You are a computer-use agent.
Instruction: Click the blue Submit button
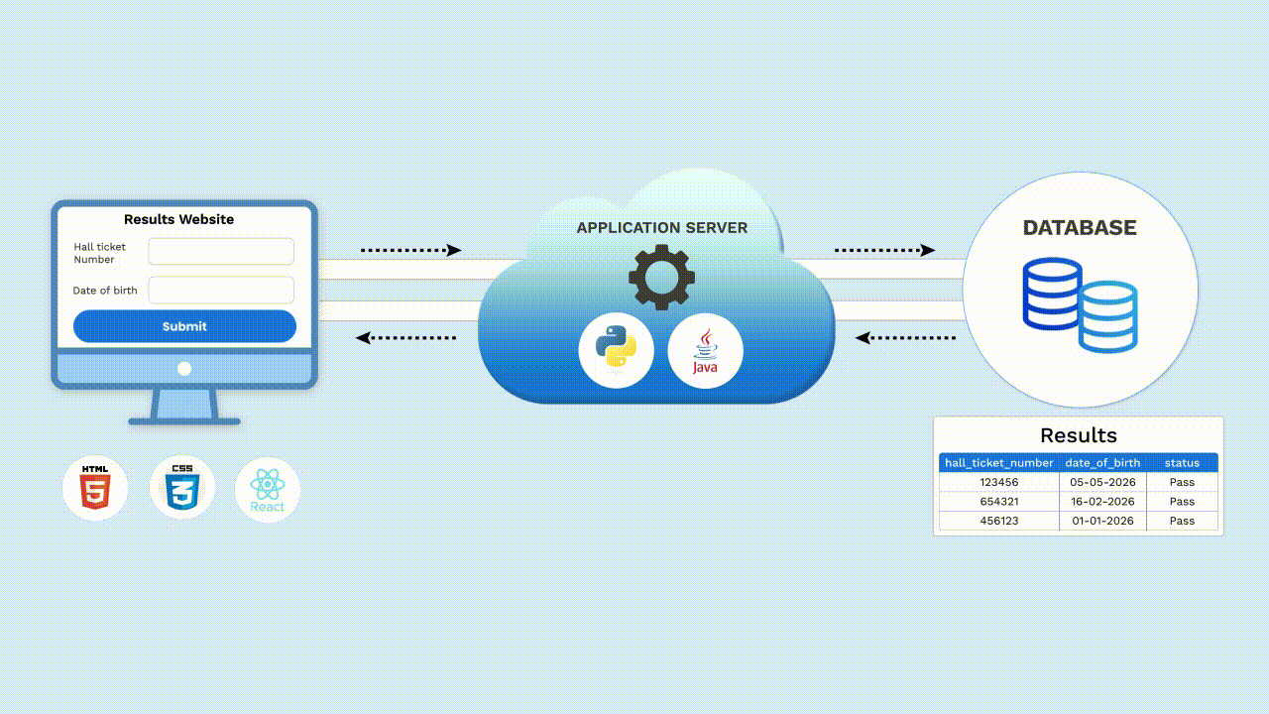[x=184, y=326]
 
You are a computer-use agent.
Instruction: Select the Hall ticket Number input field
[x=221, y=252]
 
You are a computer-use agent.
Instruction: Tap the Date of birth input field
[x=221, y=291]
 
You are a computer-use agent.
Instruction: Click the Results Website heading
[x=179, y=219]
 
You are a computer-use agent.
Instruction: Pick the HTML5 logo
[x=95, y=488]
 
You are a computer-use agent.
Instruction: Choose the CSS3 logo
[x=182, y=488]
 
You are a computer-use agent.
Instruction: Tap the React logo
[x=268, y=490]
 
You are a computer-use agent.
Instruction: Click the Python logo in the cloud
[x=617, y=350]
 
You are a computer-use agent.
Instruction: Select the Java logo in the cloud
[x=705, y=350]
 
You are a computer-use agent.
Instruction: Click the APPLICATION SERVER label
[x=662, y=228]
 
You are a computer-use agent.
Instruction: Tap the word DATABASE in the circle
[x=1080, y=228]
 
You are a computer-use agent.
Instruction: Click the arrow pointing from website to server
[x=411, y=250]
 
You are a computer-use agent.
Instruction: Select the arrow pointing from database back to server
[x=905, y=338]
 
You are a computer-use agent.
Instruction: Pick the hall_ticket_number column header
[x=999, y=463]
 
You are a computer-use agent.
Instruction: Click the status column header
[x=1183, y=463]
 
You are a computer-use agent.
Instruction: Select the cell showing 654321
[x=999, y=502]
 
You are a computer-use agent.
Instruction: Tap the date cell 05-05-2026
[x=1103, y=482]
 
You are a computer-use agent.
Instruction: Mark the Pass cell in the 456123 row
[x=1183, y=521]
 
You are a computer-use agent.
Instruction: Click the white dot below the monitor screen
[x=184, y=369]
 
